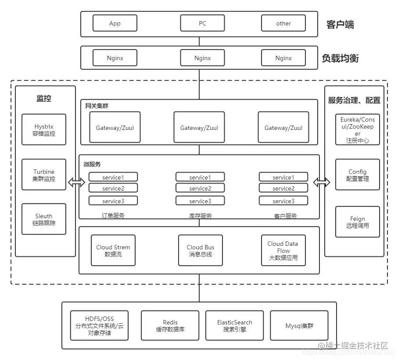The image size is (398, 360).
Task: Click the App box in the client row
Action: (115, 23)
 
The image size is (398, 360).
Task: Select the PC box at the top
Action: (202, 23)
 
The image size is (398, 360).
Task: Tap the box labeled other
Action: (283, 23)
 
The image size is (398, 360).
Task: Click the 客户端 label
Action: (340, 25)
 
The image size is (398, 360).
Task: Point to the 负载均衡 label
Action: (340, 58)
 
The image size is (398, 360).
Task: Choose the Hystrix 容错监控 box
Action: (44, 130)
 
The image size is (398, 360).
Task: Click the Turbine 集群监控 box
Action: (44, 175)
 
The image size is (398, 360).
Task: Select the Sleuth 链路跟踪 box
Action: (44, 219)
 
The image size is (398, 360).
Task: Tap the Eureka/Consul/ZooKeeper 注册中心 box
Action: (357, 130)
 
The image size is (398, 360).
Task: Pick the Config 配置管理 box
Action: (357, 175)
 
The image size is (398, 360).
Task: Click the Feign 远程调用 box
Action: (357, 222)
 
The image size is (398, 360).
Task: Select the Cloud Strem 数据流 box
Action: (113, 250)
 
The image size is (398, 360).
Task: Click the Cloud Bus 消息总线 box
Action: (201, 250)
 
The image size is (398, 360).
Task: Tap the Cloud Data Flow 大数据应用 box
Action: (283, 250)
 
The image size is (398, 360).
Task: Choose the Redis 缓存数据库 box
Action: (170, 325)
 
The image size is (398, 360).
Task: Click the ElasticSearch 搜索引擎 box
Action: (235, 325)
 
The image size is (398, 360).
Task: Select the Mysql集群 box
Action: (299, 325)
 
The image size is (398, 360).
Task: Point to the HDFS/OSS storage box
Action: (100, 325)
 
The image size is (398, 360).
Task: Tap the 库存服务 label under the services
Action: (200, 216)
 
